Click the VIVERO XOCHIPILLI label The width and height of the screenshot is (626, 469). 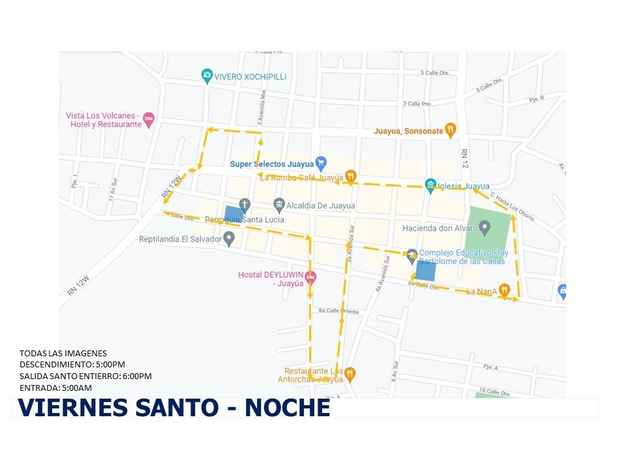(x=250, y=77)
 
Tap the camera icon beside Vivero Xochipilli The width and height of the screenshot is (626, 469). (x=207, y=76)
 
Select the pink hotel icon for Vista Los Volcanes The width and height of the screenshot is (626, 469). (x=149, y=119)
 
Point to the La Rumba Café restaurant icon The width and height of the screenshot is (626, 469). (x=351, y=175)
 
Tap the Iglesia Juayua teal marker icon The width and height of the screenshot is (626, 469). (x=430, y=185)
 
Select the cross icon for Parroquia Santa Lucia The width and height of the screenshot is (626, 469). (x=245, y=205)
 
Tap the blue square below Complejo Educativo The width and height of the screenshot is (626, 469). (x=426, y=270)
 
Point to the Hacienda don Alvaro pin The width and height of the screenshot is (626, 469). (x=484, y=227)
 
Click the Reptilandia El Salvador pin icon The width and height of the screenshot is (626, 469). (x=229, y=239)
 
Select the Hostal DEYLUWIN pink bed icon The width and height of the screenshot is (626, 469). (x=311, y=277)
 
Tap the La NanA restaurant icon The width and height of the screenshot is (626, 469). (x=505, y=291)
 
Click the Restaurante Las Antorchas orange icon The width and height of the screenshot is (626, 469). (x=350, y=373)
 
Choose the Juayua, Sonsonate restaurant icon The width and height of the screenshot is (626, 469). (x=450, y=130)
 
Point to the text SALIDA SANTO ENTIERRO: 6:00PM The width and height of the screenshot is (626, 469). (x=85, y=377)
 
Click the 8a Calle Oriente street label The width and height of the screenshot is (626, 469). (x=338, y=311)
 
